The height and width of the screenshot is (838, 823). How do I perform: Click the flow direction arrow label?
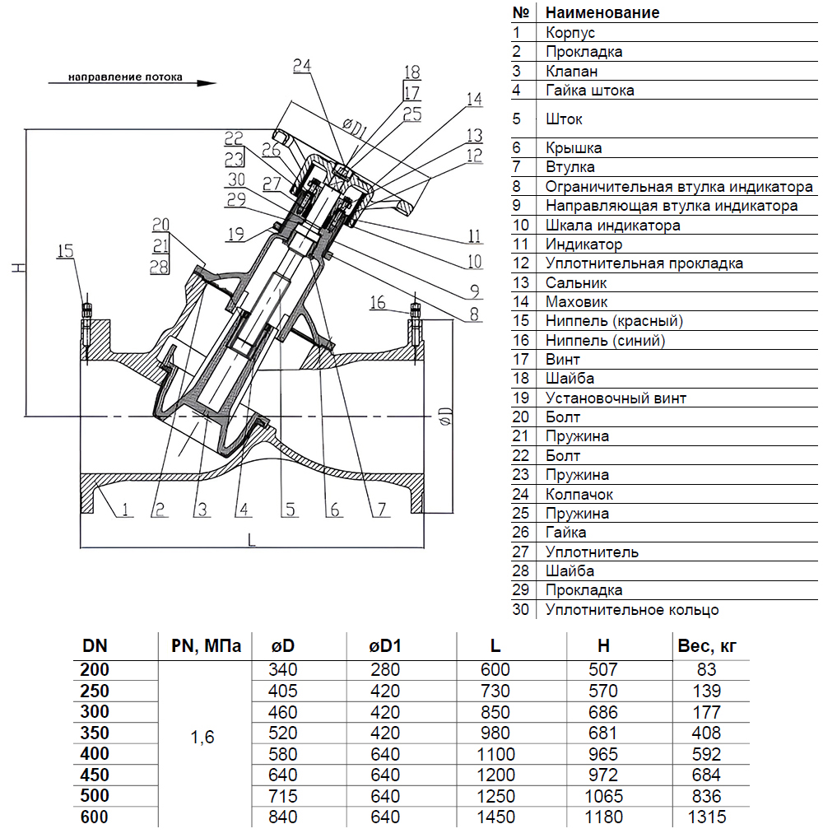pos(125,79)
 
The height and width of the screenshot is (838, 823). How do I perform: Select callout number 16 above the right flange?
pos(378,303)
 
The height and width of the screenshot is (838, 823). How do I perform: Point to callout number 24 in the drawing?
pos(301,65)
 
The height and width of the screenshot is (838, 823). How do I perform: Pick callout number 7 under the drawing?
pos(380,510)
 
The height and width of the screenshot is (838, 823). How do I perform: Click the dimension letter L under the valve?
pos(252,540)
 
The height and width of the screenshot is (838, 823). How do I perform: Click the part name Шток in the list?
pos(564,119)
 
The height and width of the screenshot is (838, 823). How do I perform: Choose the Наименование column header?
pos(602,12)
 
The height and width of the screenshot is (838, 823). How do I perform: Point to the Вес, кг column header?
pos(705,645)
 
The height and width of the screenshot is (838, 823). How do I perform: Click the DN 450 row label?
pos(95,775)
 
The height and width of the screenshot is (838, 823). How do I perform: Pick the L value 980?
pos(495,733)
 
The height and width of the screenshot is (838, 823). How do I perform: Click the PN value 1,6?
pos(202,738)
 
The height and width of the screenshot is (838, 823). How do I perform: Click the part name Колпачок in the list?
pos(579,494)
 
